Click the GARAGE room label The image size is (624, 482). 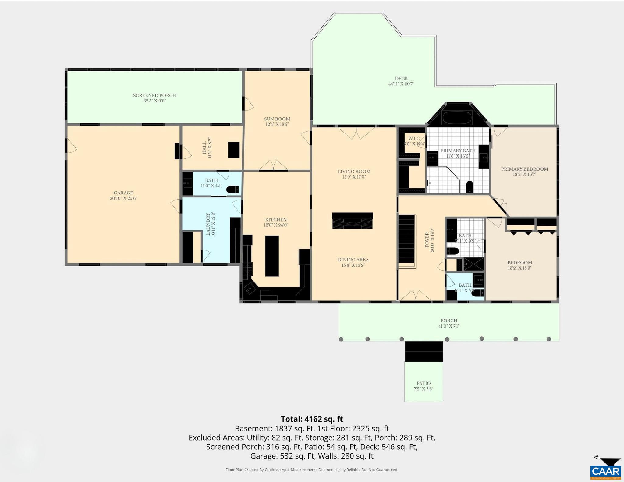[123, 193]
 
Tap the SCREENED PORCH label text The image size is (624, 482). [154, 96]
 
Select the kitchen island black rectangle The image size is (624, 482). [272, 256]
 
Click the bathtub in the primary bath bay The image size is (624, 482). [457, 118]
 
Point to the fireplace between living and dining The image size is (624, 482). [353, 221]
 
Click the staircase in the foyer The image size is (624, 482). [407, 239]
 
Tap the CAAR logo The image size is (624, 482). [606, 471]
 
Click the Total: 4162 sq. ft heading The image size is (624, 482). [312, 419]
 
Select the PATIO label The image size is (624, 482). [424, 383]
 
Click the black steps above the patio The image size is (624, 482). [424, 351]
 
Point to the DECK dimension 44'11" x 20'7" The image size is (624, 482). [401, 84]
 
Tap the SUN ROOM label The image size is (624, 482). [277, 119]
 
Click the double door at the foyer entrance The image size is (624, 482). [415, 296]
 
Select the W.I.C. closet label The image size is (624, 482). [414, 139]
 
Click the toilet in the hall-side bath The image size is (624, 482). [233, 190]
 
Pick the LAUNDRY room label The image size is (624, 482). [208, 224]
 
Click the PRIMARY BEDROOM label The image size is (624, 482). [524, 169]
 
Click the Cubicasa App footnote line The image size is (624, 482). [312, 470]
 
